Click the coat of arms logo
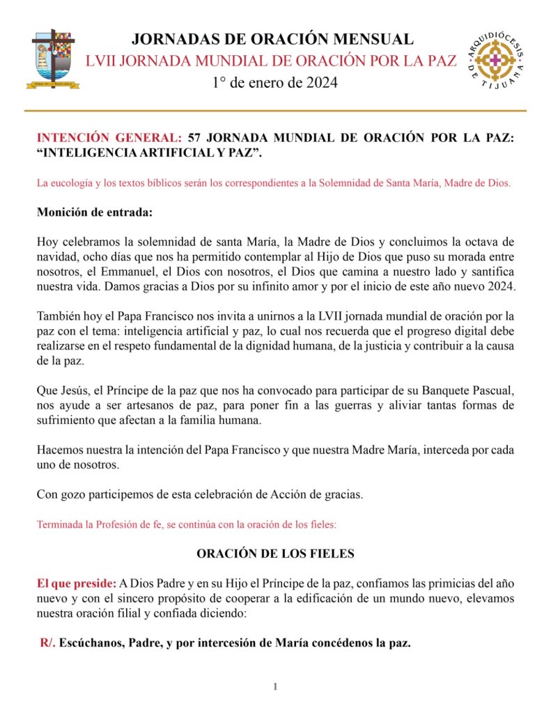pyautogui.click(x=56, y=59)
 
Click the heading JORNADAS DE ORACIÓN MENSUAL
pyautogui.click(x=272, y=39)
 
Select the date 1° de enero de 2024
pyautogui.click(x=274, y=83)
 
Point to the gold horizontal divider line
pyautogui.click(x=275, y=111)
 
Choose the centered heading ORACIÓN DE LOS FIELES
pyautogui.click(x=275, y=554)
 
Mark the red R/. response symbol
pyautogui.click(x=47, y=643)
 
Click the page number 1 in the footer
pyautogui.click(x=275, y=687)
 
